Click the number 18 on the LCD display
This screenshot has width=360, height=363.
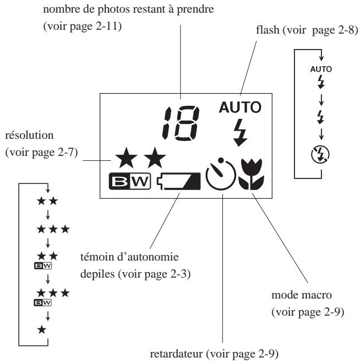point(181,123)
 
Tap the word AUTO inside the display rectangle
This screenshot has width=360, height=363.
point(240,107)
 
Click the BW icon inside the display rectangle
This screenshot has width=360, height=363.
point(130,181)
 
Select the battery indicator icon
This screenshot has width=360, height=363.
point(178,181)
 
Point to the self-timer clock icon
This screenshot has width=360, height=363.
point(221,174)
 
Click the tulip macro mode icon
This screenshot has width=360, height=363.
point(251,174)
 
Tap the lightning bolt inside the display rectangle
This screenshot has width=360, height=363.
point(239,133)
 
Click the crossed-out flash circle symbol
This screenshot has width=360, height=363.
point(320,154)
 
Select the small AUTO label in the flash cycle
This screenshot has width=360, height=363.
point(321,69)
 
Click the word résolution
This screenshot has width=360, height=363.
point(29,135)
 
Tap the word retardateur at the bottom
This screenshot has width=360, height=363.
point(176,354)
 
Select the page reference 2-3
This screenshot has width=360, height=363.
point(179,274)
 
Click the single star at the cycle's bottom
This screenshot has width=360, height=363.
point(42,329)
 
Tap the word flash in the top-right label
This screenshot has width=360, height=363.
point(268,30)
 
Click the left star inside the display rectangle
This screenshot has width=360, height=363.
point(126,158)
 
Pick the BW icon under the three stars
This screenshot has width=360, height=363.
point(43,302)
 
